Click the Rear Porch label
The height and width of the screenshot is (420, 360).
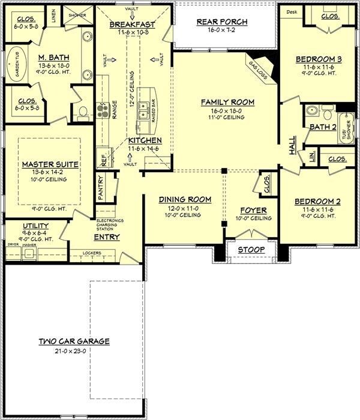pos(222,22)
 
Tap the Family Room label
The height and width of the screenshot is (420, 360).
pos(227,103)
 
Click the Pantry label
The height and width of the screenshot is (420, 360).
pos(101,188)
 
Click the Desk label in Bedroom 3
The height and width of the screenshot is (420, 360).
pos(292,12)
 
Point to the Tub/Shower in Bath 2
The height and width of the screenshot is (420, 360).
pos(346,127)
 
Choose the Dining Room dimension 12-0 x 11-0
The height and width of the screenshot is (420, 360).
pos(185,207)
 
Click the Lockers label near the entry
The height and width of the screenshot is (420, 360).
pos(91,253)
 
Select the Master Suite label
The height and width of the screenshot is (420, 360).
pos(43,164)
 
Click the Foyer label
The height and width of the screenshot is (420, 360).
pos(253,211)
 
